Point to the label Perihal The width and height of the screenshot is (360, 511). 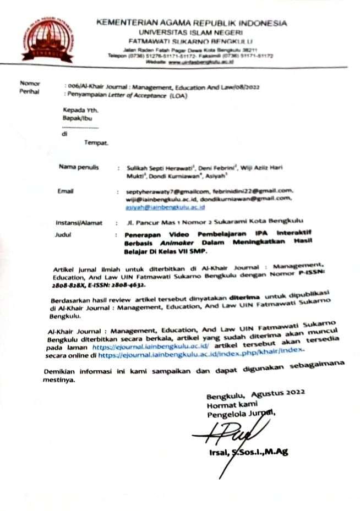(x=29, y=92)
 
